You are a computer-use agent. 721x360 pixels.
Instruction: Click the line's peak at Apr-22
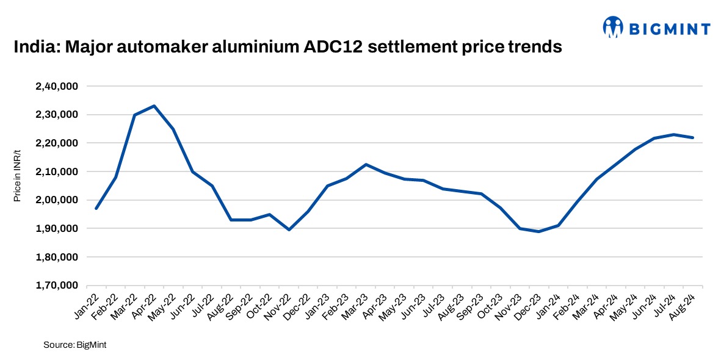154,106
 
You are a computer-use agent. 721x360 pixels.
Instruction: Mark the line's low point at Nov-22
289,229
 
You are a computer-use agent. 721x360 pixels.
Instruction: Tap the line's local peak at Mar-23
366,164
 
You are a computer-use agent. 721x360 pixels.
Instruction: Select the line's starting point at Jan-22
96,209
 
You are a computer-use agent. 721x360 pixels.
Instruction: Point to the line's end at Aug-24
692,138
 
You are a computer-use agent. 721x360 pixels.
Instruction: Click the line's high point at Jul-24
673,134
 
